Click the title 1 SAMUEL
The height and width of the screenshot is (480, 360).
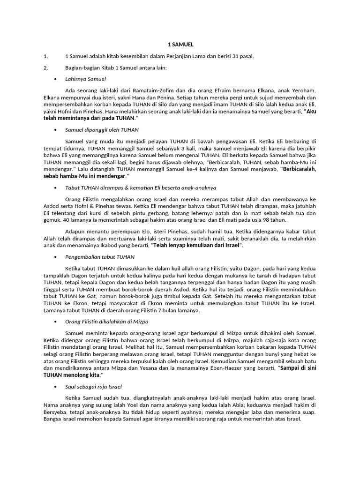coord(180,45)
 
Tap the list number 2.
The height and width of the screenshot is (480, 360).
coord(45,67)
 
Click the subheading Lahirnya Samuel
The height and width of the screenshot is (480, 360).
coord(86,79)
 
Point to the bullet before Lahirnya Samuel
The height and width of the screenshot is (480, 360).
coord(56,79)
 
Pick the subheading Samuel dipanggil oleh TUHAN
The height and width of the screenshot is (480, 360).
coord(102,129)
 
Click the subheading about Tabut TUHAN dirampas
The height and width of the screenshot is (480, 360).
coord(141,187)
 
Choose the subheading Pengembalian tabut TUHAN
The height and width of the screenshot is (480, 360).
coord(100,257)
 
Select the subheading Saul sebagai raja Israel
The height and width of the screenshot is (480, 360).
coord(93,387)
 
